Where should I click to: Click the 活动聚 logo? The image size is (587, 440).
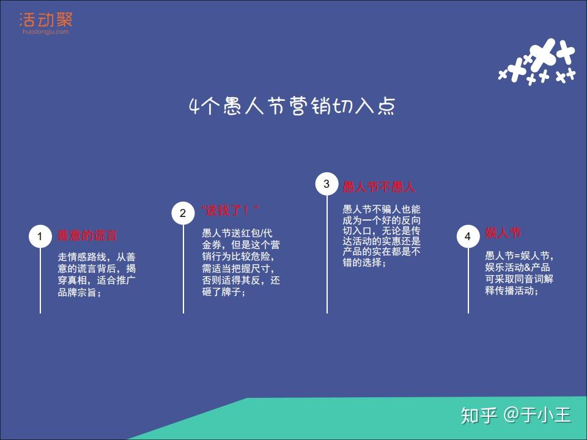(x=45, y=20)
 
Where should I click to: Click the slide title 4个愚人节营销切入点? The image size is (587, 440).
(x=292, y=106)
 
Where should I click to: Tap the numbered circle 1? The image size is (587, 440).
(x=40, y=237)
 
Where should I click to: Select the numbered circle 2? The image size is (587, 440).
(x=183, y=213)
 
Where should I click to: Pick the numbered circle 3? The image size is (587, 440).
(x=327, y=184)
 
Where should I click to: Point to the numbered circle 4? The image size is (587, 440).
(x=468, y=237)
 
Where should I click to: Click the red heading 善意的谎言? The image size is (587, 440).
(x=87, y=236)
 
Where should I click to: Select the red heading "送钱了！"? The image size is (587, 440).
(x=230, y=211)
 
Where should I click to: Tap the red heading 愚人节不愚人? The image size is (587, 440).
(x=378, y=187)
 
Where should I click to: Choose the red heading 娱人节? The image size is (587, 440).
(x=503, y=233)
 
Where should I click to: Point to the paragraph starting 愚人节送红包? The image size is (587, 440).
(x=241, y=262)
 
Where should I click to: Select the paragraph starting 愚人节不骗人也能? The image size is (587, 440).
(x=382, y=236)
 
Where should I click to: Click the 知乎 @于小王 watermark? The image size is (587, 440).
(x=515, y=416)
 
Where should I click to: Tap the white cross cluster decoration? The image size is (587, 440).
(x=537, y=62)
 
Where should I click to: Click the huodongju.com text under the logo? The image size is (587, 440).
(x=45, y=32)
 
